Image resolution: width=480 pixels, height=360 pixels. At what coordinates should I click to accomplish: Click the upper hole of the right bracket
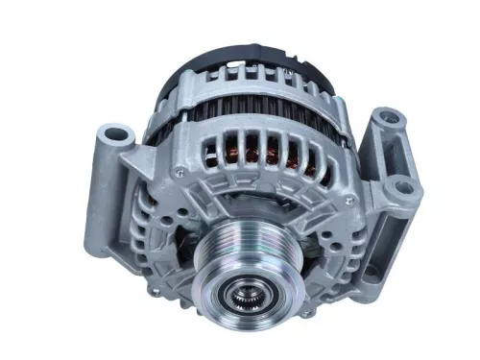coord(388,118)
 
